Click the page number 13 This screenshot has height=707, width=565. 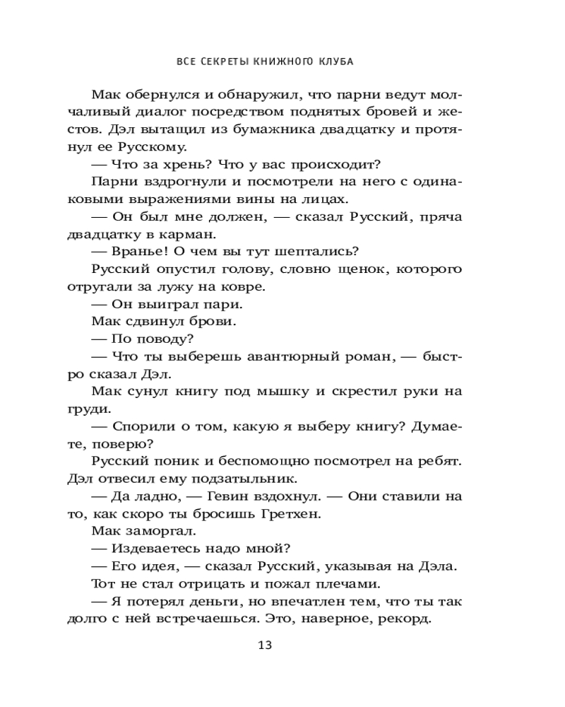tap(265, 645)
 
